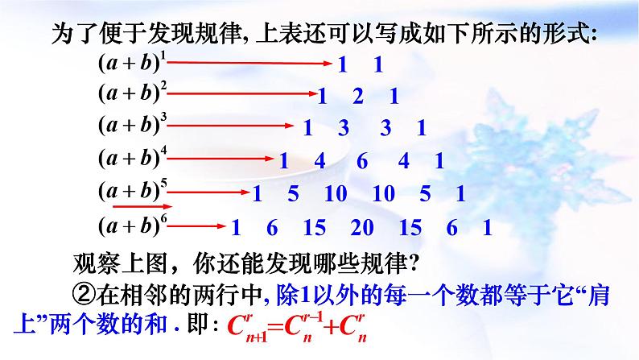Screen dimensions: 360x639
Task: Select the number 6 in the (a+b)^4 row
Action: point(361,162)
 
